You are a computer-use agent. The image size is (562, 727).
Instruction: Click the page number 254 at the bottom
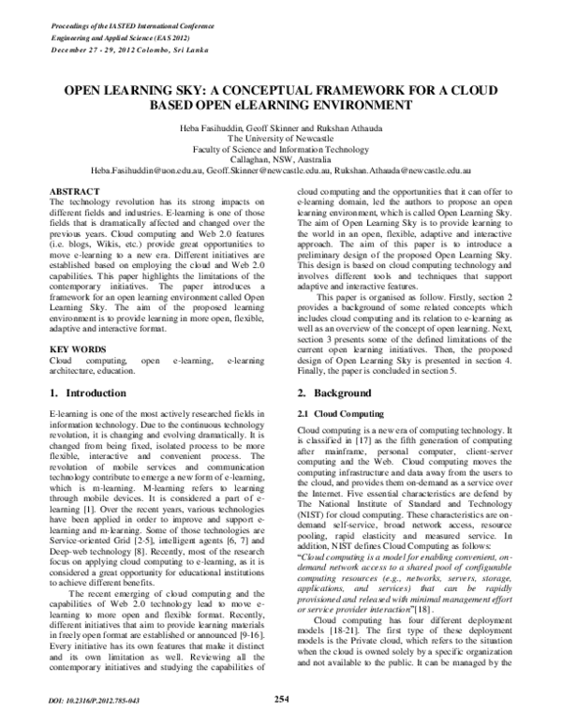[280, 698]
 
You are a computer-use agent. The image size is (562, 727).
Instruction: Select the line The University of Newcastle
[280, 138]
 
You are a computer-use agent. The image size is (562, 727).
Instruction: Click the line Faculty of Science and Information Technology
[280, 149]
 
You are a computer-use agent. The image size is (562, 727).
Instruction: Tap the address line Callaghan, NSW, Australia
[280, 160]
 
